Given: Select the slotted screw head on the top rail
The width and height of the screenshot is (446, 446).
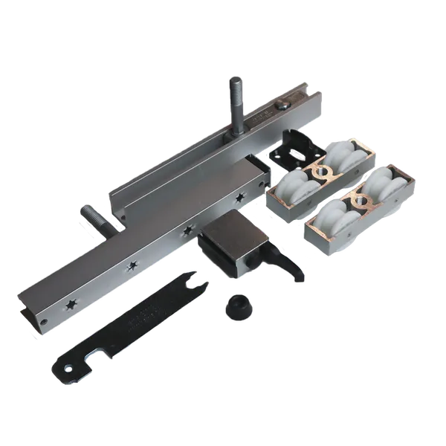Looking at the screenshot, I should [x=285, y=108].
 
